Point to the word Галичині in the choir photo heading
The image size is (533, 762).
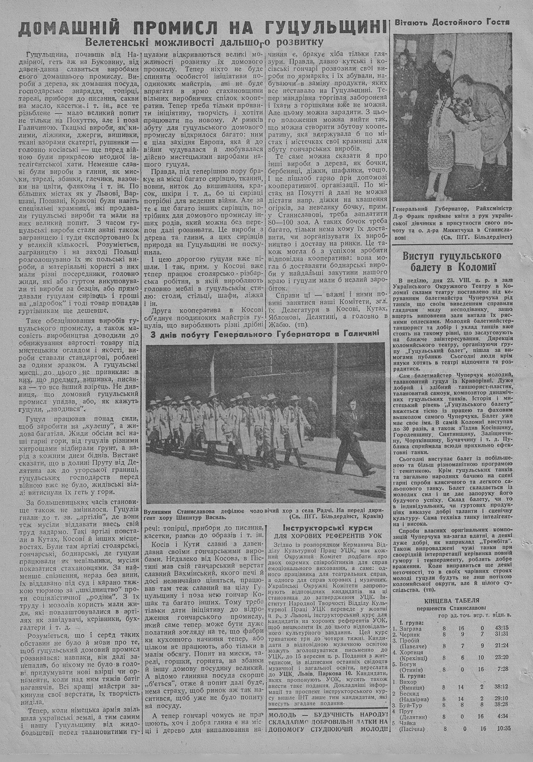(x=359, y=333)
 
